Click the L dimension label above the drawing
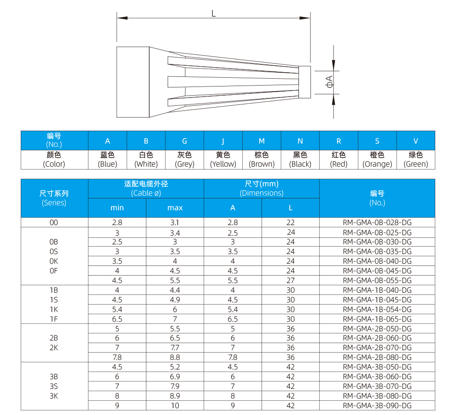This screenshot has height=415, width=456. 213,13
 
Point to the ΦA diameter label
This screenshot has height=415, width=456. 329,82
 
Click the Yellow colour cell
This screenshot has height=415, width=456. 223,159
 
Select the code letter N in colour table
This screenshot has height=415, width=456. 300,141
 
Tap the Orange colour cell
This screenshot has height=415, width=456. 377,159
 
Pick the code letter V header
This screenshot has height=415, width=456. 415,141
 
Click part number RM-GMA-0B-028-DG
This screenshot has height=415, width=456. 377,222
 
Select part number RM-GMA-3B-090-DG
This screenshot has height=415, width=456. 377,405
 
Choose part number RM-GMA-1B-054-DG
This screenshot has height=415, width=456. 377,309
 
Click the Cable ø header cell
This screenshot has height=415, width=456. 146,189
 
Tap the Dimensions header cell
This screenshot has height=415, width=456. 262,189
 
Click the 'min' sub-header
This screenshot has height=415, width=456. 117,208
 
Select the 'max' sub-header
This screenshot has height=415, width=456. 175,208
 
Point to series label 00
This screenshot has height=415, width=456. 54,222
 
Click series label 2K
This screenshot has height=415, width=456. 54,348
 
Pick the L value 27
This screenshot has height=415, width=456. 291,280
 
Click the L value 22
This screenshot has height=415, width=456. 291,222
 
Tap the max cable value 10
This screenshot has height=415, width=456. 175,405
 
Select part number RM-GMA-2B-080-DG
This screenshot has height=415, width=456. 377,357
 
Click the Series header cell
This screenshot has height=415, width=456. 54,198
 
